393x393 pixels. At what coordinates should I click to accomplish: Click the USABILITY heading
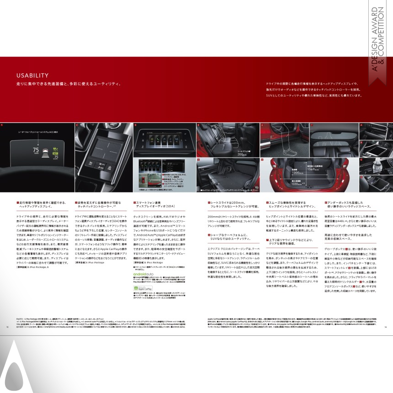click(x=32, y=75)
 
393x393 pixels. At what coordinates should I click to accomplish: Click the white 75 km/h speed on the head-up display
click(x=36, y=150)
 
